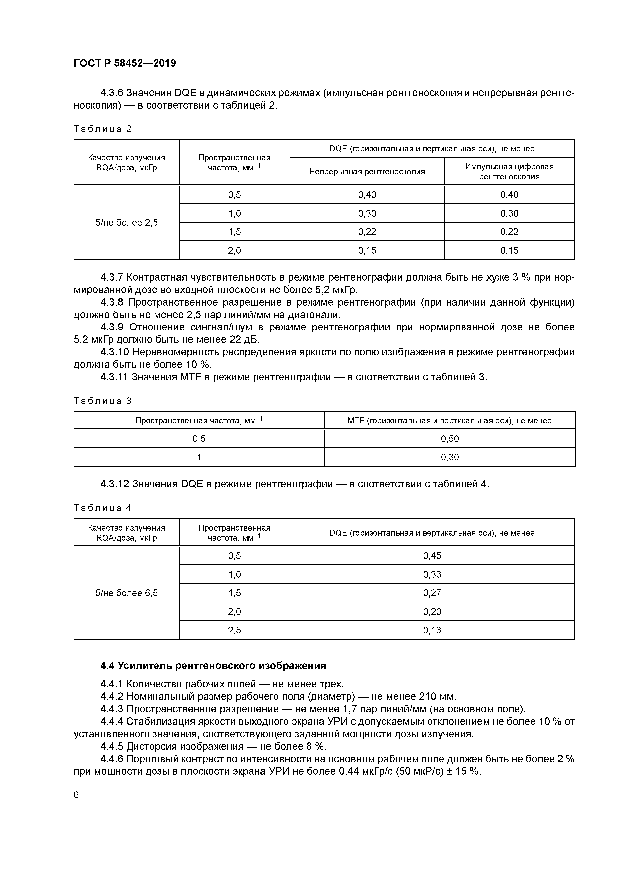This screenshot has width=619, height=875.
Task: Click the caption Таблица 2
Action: [102, 129]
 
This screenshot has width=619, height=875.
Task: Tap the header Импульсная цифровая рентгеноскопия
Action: [509, 172]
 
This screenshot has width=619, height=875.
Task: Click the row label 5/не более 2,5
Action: [126, 222]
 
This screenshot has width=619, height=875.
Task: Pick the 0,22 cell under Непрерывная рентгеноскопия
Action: [367, 232]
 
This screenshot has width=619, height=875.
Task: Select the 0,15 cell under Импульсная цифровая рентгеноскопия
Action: [509, 250]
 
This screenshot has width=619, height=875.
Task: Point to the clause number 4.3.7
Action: [112, 277]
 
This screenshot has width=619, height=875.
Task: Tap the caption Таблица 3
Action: [102, 401]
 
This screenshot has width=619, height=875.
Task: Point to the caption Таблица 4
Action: [102, 508]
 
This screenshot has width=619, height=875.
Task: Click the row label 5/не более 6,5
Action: [126, 593]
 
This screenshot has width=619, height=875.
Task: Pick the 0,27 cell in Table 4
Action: [432, 593]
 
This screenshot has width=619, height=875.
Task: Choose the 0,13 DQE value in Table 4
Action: [432, 630]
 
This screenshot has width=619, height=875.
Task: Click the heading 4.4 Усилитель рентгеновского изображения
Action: [213, 666]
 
